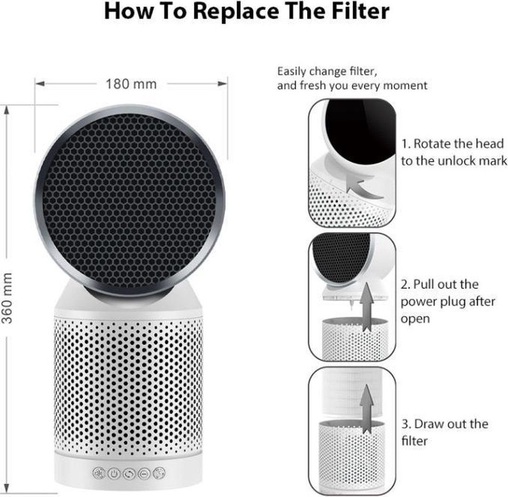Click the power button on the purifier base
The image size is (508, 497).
point(114,473)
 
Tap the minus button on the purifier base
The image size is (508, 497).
point(144,473)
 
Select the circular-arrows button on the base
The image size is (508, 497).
point(129,473)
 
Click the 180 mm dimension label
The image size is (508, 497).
point(131,84)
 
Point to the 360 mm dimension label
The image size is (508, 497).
point(7,298)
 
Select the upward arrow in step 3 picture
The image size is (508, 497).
point(367,409)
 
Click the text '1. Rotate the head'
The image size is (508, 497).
point(453,144)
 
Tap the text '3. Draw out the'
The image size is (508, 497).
point(445,425)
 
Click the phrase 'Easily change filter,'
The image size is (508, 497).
point(327,72)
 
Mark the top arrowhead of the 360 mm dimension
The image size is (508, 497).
point(7,110)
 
